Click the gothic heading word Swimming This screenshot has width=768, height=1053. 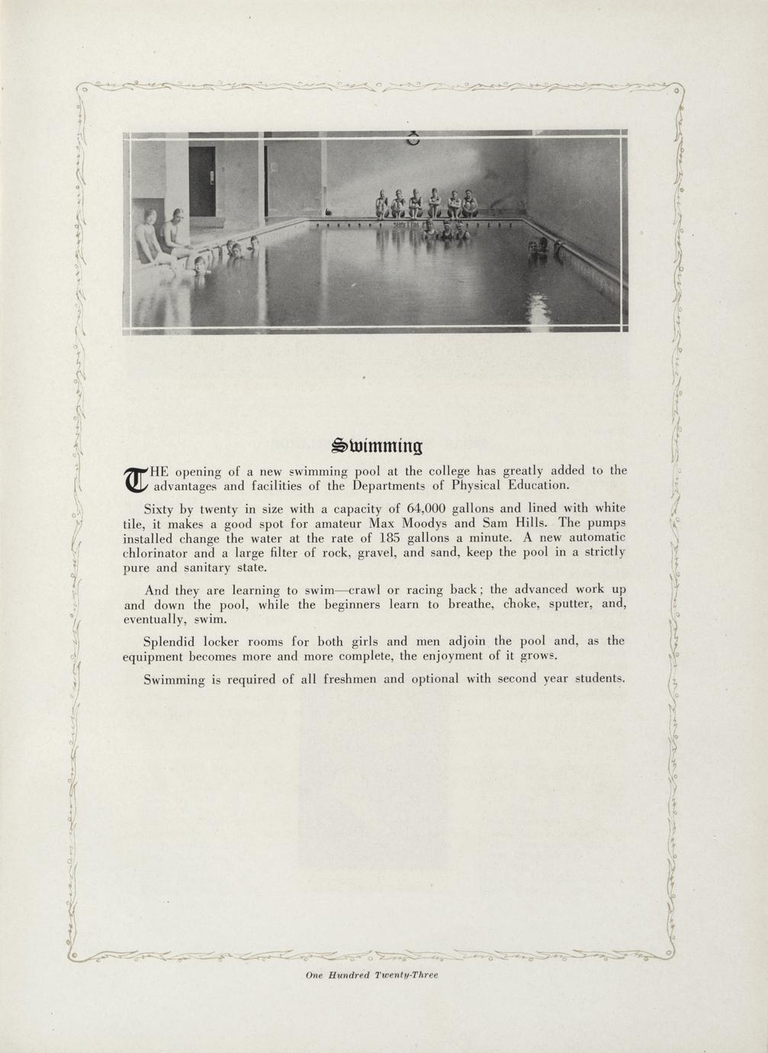click(380, 445)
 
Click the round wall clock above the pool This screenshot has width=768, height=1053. click(413, 139)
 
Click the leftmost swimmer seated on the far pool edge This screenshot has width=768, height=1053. click(381, 204)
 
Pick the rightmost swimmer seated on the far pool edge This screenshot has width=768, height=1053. click(469, 204)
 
